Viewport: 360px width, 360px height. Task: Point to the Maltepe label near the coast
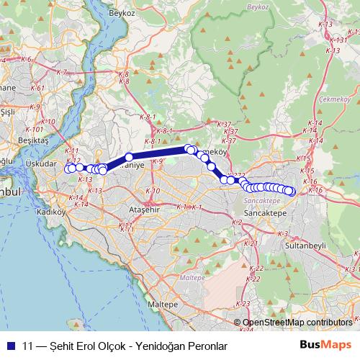(x=163, y=305)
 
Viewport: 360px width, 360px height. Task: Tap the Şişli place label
(x=8, y=112)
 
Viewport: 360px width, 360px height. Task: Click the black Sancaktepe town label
(x=264, y=215)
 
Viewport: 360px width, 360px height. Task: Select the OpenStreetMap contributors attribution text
(x=297, y=323)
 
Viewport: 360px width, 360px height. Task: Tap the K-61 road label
(x=38, y=89)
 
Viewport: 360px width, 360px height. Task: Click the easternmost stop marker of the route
(x=291, y=192)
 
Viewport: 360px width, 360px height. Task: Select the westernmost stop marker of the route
(x=69, y=170)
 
